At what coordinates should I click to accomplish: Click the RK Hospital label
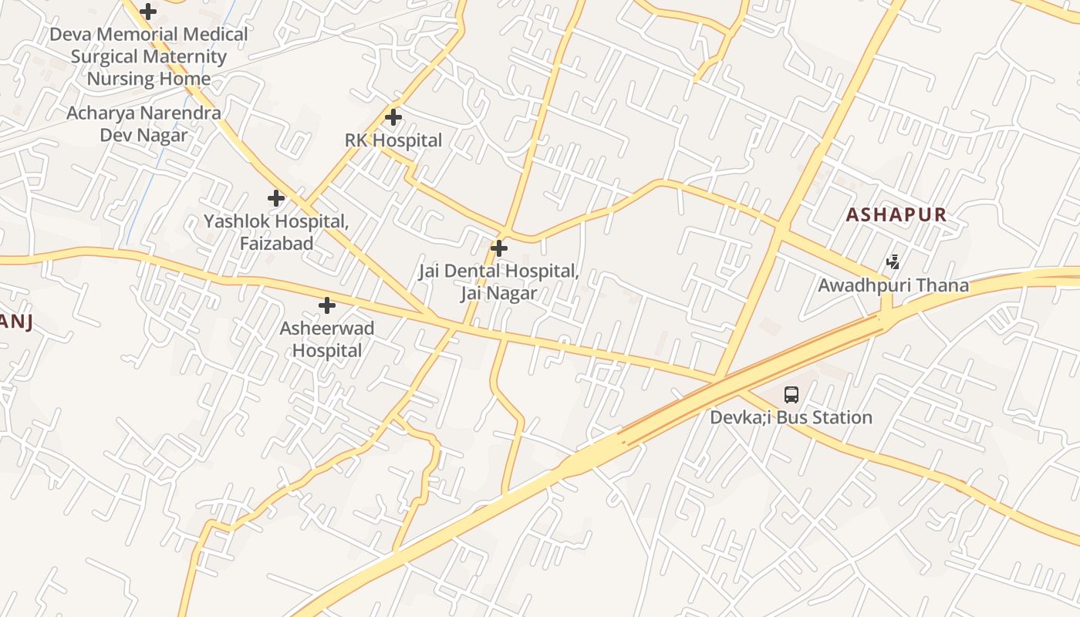(x=393, y=140)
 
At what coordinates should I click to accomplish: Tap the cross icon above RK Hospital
(x=393, y=118)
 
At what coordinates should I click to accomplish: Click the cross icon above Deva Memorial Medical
(x=148, y=12)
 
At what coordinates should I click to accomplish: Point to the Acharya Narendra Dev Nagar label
(x=143, y=124)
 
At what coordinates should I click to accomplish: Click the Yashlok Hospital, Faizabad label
(x=276, y=232)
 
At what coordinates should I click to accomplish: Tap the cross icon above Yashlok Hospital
(x=276, y=198)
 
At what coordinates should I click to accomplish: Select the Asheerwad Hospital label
(x=327, y=339)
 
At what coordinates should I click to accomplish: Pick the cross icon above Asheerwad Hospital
(x=327, y=305)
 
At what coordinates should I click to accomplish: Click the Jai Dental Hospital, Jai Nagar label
(x=498, y=282)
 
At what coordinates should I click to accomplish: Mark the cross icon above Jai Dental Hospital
(x=499, y=248)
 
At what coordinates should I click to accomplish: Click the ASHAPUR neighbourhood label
(x=896, y=214)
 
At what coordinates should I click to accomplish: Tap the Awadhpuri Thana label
(x=893, y=285)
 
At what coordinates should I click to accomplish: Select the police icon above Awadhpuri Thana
(x=893, y=262)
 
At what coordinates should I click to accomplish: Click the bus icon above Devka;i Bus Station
(x=791, y=395)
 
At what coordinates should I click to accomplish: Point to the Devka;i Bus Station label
(x=791, y=418)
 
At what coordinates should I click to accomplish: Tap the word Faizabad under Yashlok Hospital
(x=276, y=244)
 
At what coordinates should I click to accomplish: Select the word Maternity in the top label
(x=188, y=56)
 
